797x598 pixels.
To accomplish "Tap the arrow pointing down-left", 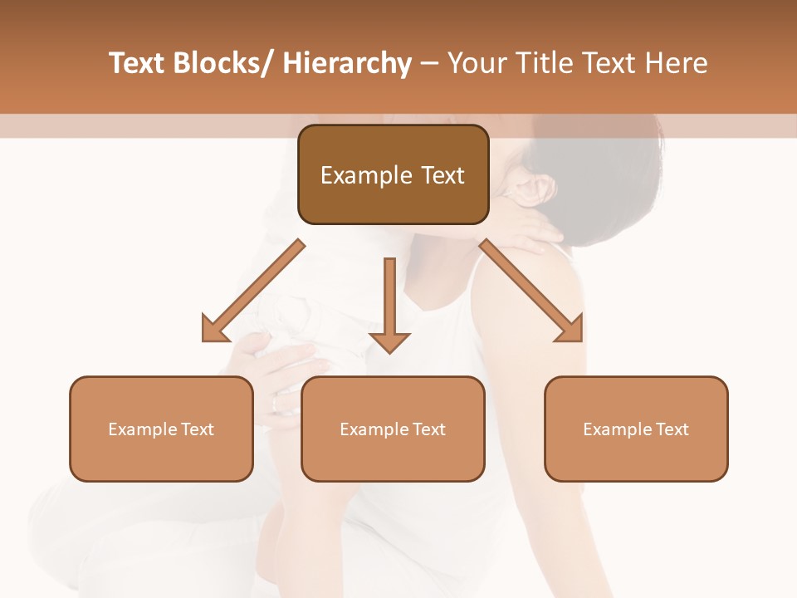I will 252,291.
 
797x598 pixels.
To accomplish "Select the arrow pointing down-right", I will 531,291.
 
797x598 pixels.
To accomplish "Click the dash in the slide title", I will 429,64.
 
